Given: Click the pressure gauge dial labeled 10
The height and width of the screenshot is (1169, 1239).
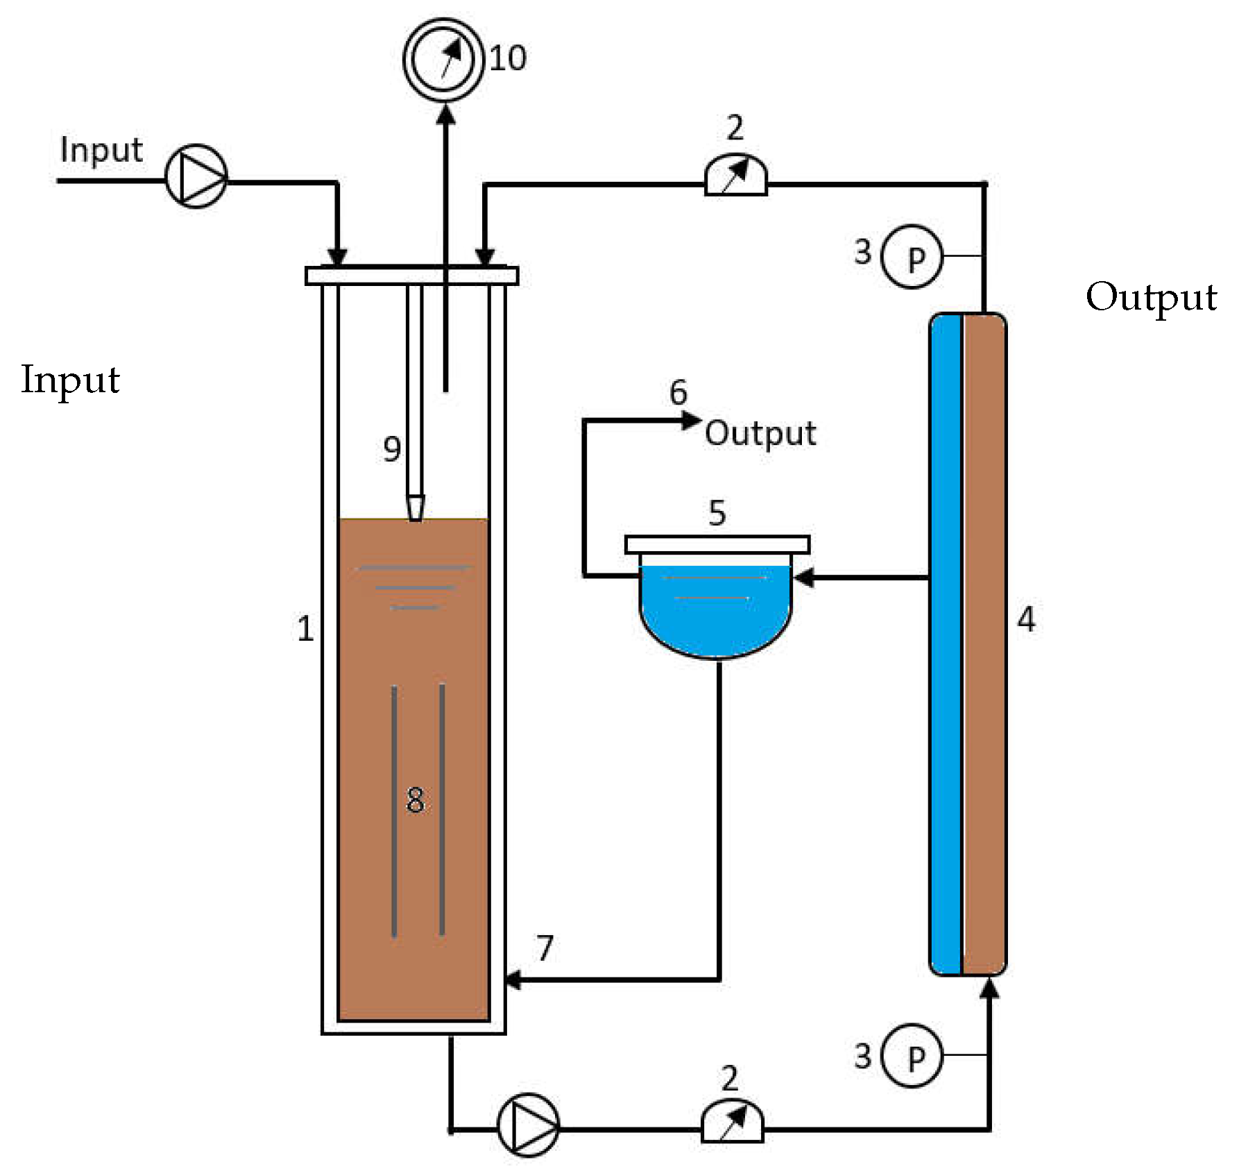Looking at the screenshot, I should coord(443,59).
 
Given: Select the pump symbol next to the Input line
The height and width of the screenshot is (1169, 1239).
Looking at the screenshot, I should coord(196,176).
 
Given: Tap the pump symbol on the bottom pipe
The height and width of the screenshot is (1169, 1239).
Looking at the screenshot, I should coord(529,1125).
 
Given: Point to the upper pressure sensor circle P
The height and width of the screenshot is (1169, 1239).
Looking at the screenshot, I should coord(912,256).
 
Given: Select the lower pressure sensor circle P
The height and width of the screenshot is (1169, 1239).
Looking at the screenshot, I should coord(912,1055).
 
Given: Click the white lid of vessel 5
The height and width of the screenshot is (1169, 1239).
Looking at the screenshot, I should coord(717,544).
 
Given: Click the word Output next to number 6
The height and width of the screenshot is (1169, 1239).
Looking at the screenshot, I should coord(760,434).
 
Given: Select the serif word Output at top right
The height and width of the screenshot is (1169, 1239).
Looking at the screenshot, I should coord(1151,298).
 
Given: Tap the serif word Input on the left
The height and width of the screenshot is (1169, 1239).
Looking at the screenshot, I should coord(70,380).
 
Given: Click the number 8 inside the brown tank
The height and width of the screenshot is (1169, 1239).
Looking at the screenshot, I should coord(415,800).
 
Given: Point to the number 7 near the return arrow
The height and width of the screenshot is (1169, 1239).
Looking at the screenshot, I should coord(545,948).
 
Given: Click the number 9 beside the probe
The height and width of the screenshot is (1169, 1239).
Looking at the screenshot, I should coord(392,449).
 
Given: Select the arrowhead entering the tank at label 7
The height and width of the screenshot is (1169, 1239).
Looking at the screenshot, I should coord(512,980).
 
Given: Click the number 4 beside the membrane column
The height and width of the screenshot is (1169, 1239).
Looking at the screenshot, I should coord(1026,619).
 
